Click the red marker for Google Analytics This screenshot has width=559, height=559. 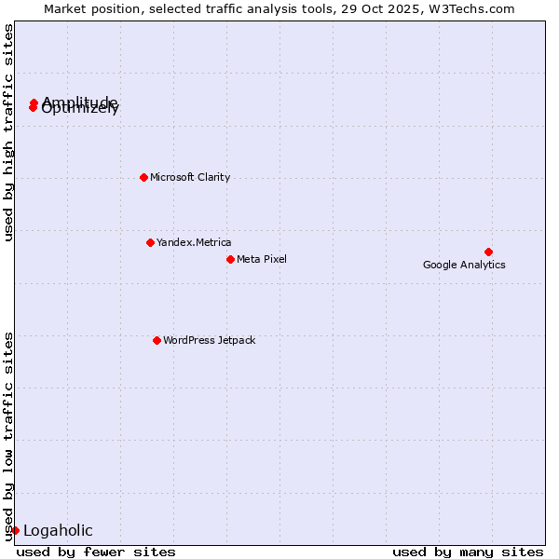488,252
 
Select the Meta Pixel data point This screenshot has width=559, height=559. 230,259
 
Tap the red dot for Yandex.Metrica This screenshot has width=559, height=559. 150,242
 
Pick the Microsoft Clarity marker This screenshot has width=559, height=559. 143,177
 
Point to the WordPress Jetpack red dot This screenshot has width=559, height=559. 157,340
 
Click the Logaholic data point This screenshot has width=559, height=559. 15,530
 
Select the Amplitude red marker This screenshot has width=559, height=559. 34,102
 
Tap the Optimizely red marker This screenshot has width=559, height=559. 33,108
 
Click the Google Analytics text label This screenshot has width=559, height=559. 464,265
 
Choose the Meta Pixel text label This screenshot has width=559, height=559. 262,259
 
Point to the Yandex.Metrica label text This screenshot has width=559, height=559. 194,242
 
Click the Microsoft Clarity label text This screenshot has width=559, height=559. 190,177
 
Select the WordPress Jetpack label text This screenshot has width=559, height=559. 209,340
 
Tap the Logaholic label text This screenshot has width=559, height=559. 58,531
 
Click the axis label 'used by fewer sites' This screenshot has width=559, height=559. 96,552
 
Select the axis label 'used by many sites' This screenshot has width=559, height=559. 468,552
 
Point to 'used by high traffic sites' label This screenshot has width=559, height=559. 9,132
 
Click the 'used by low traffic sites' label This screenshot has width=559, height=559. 9,435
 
